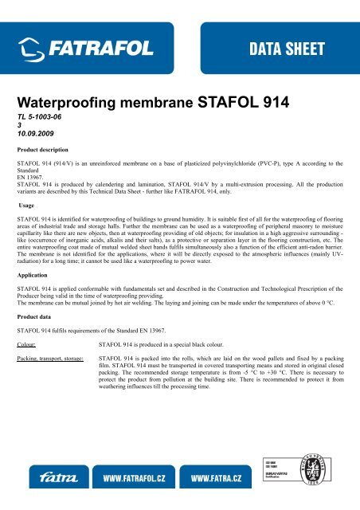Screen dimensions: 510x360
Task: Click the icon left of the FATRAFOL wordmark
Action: pyautogui.click(x=33, y=53)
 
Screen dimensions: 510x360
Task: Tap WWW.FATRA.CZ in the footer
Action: pyautogui.click(x=228, y=480)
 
